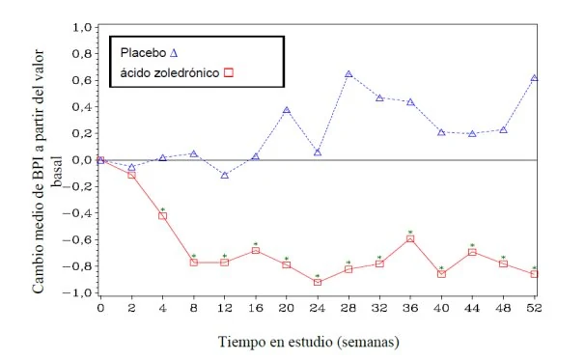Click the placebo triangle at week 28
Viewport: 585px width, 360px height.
[x=348, y=74]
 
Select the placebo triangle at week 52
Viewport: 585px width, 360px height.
[x=534, y=78]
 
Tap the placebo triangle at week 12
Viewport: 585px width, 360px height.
[x=225, y=175]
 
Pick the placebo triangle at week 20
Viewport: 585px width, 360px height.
[x=287, y=110]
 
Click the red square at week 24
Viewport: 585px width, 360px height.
[x=318, y=282]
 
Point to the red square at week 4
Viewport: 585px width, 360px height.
[x=163, y=215]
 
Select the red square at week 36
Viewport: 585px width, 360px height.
[x=410, y=238]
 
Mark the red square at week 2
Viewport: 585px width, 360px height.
[x=131, y=175]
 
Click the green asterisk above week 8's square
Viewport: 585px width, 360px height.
[x=194, y=256]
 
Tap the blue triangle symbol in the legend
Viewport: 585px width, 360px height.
[x=174, y=53]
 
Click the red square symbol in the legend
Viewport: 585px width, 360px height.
[x=229, y=72]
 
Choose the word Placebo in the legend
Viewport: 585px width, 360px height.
[x=143, y=53]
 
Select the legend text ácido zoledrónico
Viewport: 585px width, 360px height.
[x=170, y=72]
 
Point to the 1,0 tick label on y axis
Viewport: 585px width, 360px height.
[x=82, y=28]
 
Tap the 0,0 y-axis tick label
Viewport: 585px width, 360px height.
[x=82, y=160]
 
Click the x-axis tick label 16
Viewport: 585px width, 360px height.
[x=256, y=308]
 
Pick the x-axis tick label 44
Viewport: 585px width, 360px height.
[x=472, y=308]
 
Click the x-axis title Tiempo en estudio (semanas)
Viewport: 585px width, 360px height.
[x=309, y=342]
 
